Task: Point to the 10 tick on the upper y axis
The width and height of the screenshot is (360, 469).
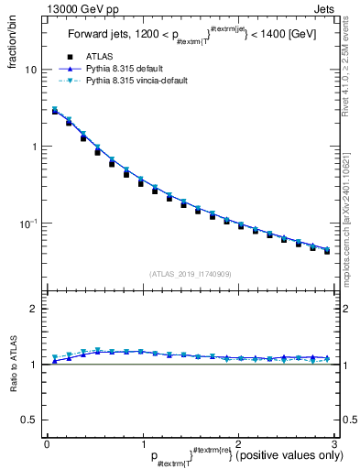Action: pyautogui.click(x=31, y=70)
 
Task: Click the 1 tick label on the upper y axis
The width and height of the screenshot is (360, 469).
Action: pyautogui.click(x=35, y=147)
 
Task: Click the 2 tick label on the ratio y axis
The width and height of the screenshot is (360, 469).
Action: pyautogui.click(x=34, y=309)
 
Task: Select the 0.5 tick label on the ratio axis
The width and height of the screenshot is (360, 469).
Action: pyautogui.click(x=29, y=420)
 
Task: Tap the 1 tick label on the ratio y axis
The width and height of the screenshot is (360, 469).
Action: pyautogui.click(x=34, y=365)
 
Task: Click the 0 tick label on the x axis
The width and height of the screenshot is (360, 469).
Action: pyautogui.click(x=46, y=443)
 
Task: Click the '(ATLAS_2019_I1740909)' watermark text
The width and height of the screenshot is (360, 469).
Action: pyautogui.click(x=190, y=273)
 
